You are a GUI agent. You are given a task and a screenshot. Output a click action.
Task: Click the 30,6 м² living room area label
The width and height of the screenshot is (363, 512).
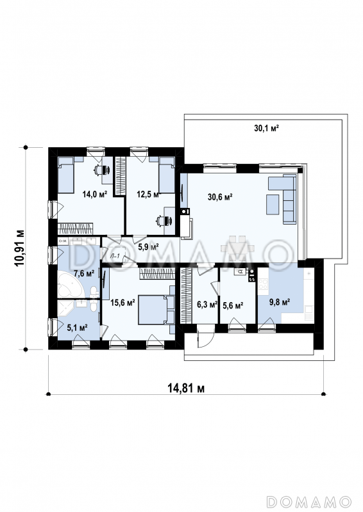220,196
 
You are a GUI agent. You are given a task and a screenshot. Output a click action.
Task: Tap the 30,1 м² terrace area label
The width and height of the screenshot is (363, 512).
266,128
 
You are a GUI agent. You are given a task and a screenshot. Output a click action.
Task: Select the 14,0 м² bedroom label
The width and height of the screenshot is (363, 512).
95,195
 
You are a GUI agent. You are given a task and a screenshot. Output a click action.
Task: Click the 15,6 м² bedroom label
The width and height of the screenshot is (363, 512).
122,303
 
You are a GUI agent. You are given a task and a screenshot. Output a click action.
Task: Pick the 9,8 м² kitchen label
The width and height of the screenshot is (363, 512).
280,302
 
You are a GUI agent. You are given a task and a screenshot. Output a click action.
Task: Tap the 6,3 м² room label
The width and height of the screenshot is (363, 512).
207,305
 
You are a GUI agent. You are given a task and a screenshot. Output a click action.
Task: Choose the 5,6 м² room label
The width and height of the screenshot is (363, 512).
233,306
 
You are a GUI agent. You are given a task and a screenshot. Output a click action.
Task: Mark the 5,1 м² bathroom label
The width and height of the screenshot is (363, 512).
77,328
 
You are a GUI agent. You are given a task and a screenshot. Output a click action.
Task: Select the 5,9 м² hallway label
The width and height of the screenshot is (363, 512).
148,246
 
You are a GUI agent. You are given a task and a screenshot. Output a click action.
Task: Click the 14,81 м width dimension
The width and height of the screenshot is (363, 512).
186,388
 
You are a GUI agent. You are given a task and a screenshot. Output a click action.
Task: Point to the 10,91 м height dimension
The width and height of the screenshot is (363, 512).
19,248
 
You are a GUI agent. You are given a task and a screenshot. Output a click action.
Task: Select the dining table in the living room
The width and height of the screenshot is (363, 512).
238,248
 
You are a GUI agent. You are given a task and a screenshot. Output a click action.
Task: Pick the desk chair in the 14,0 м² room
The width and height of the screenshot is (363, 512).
103,170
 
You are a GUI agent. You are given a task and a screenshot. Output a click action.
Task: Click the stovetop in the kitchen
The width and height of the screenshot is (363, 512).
263,284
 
